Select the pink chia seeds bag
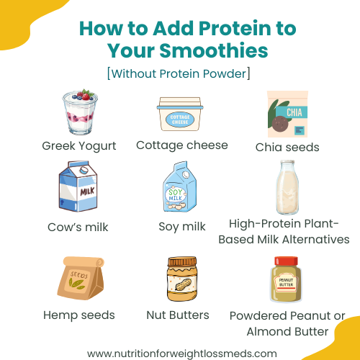(x=287, y=114)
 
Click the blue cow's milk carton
(x=77, y=189)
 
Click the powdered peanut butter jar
(x=287, y=280)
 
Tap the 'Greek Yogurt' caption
(x=79, y=146)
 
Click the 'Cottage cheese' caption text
(x=181, y=145)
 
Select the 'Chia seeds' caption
(x=287, y=147)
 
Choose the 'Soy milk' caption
(x=182, y=227)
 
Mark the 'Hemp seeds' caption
(x=79, y=315)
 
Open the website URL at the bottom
(x=181, y=353)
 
